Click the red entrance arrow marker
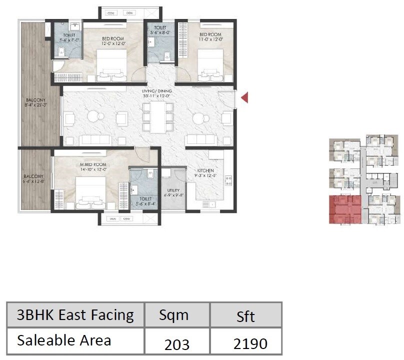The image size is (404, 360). pos(244,98)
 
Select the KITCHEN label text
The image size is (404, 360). pos(205,173)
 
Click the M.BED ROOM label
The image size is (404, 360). pos(92,165)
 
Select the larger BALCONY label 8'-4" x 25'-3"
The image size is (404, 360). pos(35,103)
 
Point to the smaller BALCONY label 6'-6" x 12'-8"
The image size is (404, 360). pos(34,179)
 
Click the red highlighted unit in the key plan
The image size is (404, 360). pos(344,209)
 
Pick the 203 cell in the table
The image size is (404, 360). pos(177,343)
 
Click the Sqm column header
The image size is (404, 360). pos(173,315)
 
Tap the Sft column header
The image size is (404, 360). pos(245,316)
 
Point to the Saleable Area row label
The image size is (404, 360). pos(64,340)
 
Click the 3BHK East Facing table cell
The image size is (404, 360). pos(75,315)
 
